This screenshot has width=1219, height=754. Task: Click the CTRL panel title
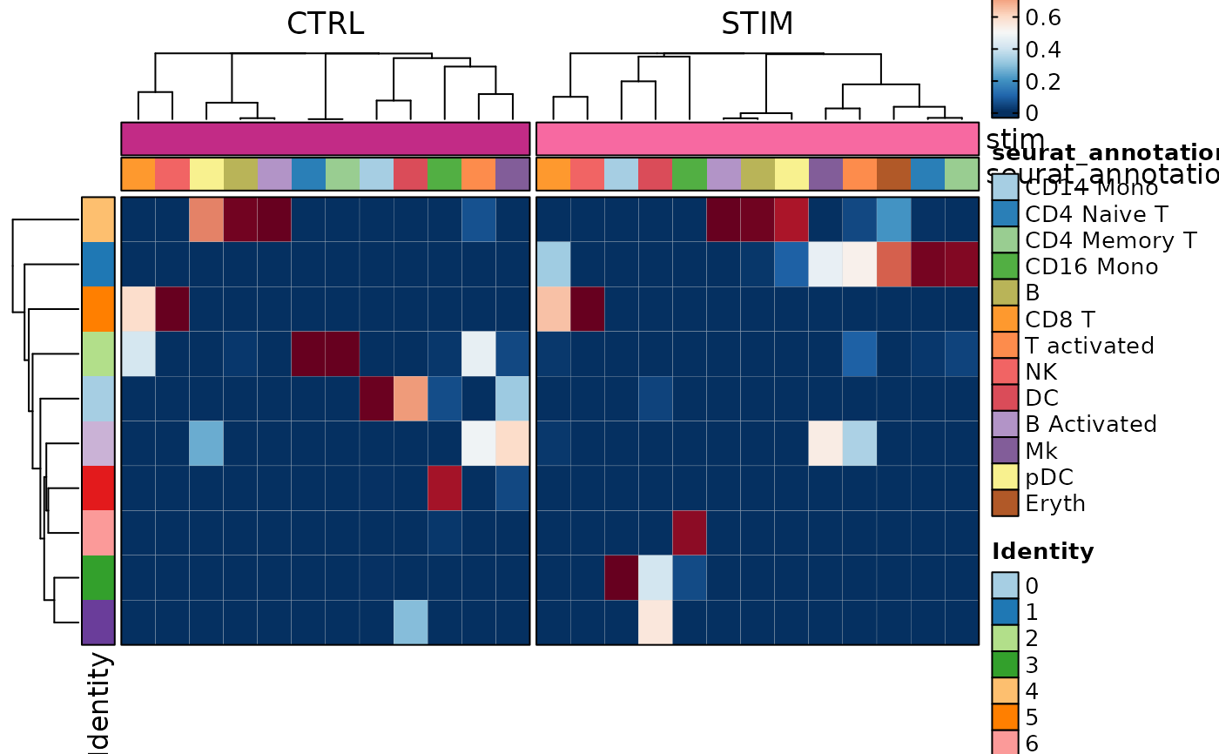pos(325,24)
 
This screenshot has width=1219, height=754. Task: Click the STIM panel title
pos(757,24)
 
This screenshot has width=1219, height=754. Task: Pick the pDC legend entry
pos(1049,476)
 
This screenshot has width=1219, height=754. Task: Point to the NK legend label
pos(1041,371)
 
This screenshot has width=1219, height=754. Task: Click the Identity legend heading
pos(1043,551)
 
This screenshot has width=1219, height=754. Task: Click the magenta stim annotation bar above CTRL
pos(325,138)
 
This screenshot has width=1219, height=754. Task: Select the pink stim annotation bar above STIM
pos(757,138)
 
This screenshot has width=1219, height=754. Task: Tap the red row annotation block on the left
pos(98,488)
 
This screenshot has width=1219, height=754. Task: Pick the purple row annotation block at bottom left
pos(98,622)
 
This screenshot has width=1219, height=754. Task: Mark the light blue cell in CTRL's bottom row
pos(410,622)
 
